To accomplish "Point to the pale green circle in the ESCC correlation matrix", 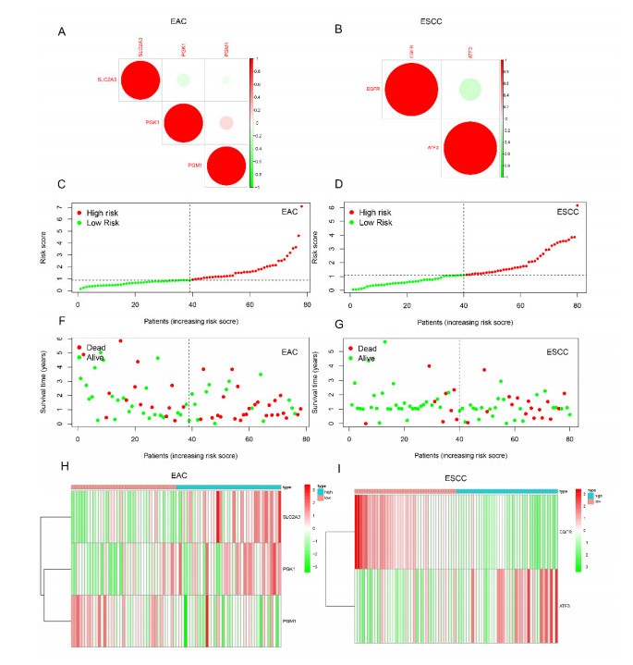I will [469, 90].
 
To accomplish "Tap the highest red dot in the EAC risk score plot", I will [301, 206].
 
